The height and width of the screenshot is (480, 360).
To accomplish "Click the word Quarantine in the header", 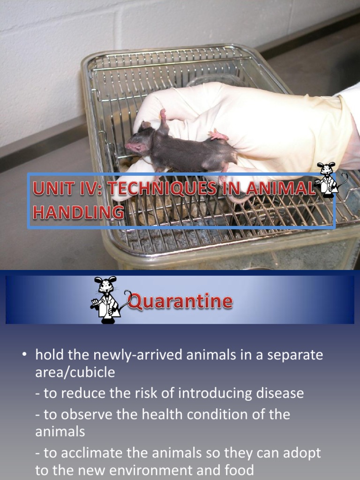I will coord(181,301).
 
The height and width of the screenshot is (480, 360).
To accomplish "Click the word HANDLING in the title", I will coord(78,212).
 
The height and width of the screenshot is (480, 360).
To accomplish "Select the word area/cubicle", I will coord(75,372).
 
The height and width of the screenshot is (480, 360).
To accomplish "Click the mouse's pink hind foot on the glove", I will coord(218,136).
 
